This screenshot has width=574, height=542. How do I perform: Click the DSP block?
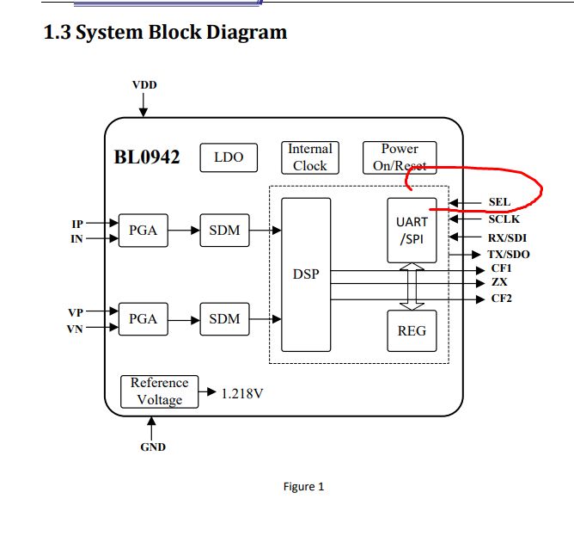(x=306, y=274)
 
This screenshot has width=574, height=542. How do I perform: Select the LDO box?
(x=229, y=157)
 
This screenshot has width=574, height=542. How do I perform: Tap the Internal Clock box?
(x=309, y=157)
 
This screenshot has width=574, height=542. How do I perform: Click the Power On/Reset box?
(x=400, y=157)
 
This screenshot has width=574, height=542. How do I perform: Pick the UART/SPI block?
(x=412, y=230)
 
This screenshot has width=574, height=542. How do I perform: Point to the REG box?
(x=412, y=330)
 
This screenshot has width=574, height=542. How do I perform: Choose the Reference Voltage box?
(x=160, y=391)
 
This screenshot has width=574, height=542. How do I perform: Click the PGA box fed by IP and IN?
(x=143, y=231)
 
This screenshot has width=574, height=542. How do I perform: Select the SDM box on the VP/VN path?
(x=224, y=319)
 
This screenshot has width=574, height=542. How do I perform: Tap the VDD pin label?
(x=144, y=85)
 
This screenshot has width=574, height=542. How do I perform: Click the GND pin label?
(x=153, y=447)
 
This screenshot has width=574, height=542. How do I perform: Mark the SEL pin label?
(x=499, y=202)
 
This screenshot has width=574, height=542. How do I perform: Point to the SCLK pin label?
(x=504, y=219)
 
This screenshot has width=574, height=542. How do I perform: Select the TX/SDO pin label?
(x=509, y=254)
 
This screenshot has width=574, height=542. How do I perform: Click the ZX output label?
(x=499, y=282)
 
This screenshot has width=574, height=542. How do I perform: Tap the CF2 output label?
(x=502, y=299)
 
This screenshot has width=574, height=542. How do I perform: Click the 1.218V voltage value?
(x=241, y=394)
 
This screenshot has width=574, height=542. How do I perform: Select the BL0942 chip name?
(x=147, y=157)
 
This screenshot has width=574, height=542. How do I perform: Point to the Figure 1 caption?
(x=303, y=487)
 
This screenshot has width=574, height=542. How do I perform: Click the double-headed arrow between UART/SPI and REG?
(x=412, y=286)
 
